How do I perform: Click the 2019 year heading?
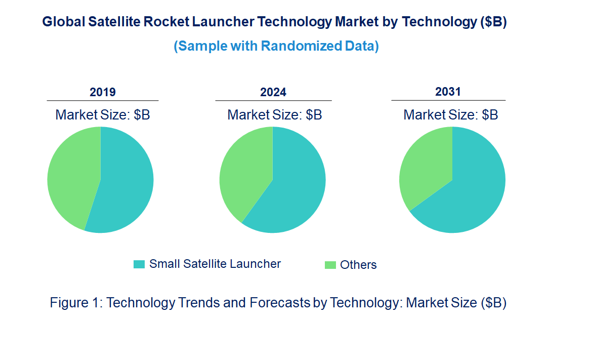click(x=103, y=92)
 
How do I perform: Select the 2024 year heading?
click(x=273, y=92)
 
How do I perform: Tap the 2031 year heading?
click(x=448, y=92)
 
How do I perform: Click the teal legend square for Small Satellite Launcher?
click(x=139, y=264)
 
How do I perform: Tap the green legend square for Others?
click(x=330, y=265)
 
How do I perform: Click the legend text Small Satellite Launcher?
click(x=215, y=264)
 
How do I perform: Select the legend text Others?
click(x=358, y=265)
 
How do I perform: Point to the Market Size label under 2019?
click(x=103, y=115)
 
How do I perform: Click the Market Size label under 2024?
click(x=275, y=115)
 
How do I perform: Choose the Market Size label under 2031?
click(x=451, y=115)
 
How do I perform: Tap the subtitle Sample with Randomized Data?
click(x=276, y=46)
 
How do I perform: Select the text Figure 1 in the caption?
click(x=76, y=303)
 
